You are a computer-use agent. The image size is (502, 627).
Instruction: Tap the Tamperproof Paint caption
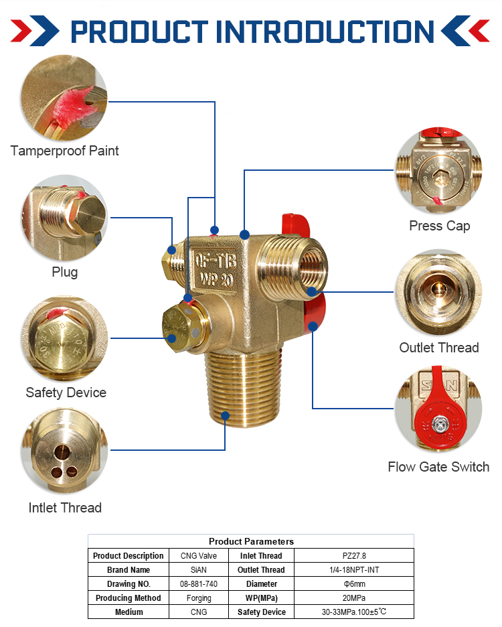click(x=65, y=151)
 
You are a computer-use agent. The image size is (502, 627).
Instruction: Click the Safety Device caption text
click(x=66, y=393)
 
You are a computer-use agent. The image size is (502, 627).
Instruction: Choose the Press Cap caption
click(x=439, y=226)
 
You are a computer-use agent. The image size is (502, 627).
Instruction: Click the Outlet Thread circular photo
click(x=438, y=293)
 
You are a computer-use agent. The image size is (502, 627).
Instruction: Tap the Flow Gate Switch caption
click(x=438, y=467)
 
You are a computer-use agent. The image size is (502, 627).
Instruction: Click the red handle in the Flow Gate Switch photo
click(x=438, y=415)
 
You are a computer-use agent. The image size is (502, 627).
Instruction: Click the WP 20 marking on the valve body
click(x=214, y=279)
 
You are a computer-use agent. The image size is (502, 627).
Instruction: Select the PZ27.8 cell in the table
click(x=354, y=556)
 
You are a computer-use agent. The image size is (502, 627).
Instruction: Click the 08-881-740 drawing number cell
click(x=199, y=584)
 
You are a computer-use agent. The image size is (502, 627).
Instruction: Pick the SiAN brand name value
click(x=199, y=570)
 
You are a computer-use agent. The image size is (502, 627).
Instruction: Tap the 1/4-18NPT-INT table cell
click(x=354, y=570)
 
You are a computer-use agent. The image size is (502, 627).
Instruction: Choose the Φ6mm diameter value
click(x=354, y=584)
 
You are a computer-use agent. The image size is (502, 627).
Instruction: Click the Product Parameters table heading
click(x=251, y=541)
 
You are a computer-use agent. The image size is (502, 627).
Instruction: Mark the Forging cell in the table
click(x=199, y=598)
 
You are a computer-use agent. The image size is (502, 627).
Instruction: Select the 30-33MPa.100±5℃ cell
click(x=354, y=612)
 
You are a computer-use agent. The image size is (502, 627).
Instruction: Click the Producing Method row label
click(x=128, y=598)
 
